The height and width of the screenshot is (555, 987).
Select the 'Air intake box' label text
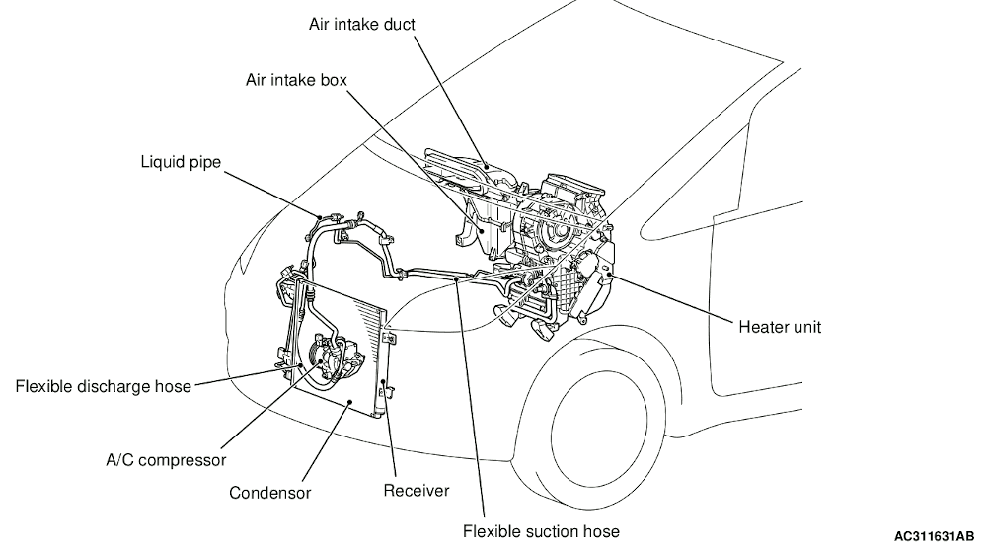(295, 80)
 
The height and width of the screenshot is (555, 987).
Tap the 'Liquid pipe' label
(181, 161)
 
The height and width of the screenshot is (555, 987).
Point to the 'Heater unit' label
(780, 326)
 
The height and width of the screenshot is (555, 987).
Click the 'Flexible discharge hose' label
(104, 386)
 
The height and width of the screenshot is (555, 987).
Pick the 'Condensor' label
(270, 491)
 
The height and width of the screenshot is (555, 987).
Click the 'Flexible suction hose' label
(542, 531)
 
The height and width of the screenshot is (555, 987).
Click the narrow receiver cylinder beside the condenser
(387, 370)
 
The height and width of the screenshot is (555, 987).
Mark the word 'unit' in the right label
(806, 326)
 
